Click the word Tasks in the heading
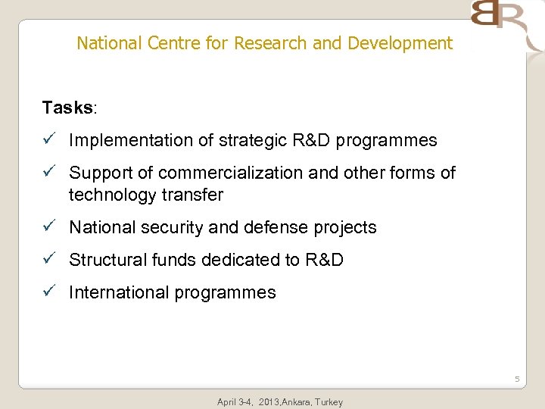[67, 108]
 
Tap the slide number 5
[517, 379]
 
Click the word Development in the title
[400, 43]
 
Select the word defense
[285, 227]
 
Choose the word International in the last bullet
[117, 292]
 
